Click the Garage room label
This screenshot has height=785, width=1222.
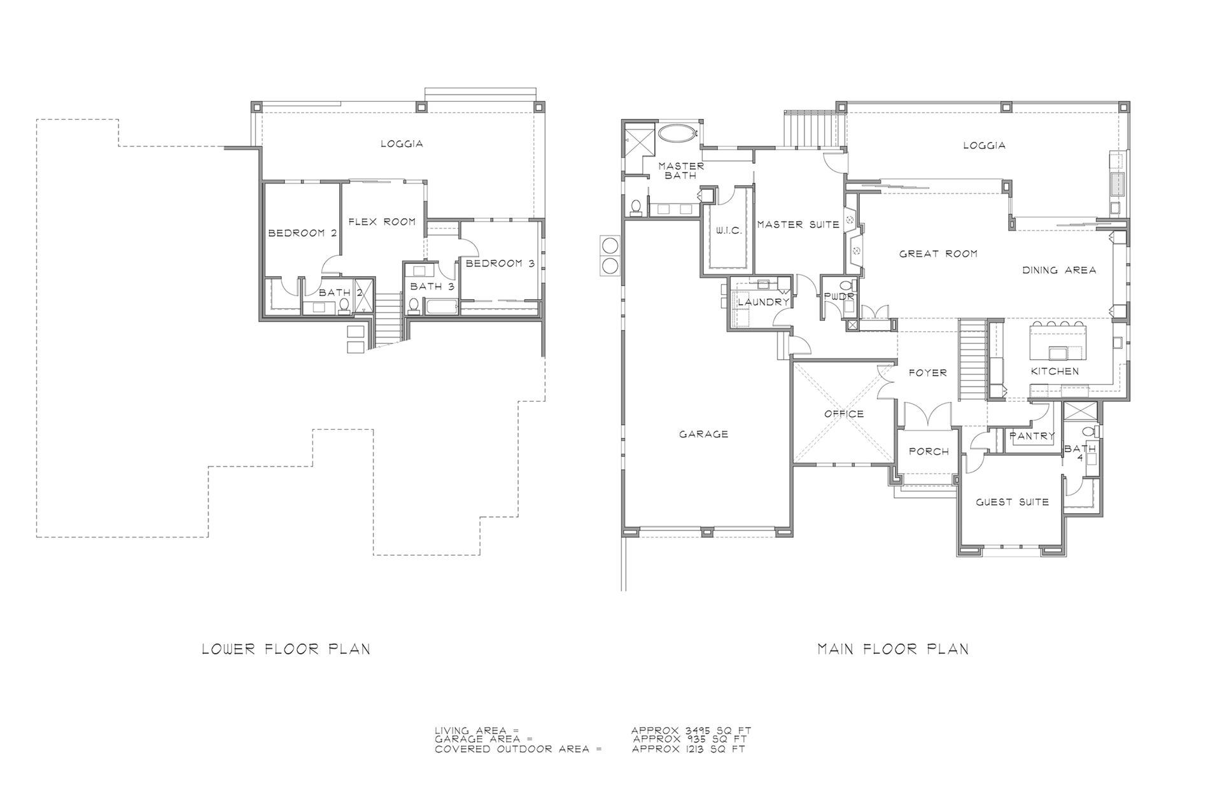[703, 434]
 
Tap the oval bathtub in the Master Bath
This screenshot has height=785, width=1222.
[678, 134]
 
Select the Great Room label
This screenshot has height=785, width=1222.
[938, 253]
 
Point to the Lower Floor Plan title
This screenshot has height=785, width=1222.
[286, 649]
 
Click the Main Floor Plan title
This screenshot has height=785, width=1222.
[893, 649]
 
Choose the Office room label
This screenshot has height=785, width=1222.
[844, 414]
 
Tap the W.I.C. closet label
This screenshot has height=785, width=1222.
[729, 230]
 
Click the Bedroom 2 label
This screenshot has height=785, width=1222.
[302, 233]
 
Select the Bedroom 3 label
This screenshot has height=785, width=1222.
[500, 263]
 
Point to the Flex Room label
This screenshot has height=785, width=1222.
[382, 222]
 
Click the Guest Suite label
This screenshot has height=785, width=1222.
[1012, 502]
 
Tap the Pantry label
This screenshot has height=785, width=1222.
[1032, 436]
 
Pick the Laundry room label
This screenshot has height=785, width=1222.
[763, 302]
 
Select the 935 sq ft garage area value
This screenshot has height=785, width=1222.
[689, 740]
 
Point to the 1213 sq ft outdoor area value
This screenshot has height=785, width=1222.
[689, 749]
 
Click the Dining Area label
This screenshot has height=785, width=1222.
[1059, 270]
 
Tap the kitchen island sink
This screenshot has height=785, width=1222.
[1057, 353]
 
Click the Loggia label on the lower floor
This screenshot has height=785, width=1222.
[402, 144]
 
